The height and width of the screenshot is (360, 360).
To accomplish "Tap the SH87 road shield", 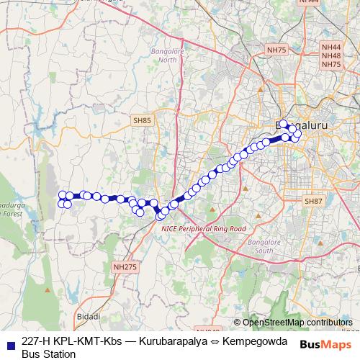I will [x=313, y=201].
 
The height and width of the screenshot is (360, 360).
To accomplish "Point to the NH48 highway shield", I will [x=331, y=55].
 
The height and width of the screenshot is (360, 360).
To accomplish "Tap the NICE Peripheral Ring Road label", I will [x=204, y=228].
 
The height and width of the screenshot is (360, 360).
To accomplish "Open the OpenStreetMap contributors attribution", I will [x=297, y=323].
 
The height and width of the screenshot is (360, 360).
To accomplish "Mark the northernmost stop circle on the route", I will [x=284, y=123].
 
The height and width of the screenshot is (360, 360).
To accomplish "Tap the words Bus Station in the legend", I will [x=48, y=354].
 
